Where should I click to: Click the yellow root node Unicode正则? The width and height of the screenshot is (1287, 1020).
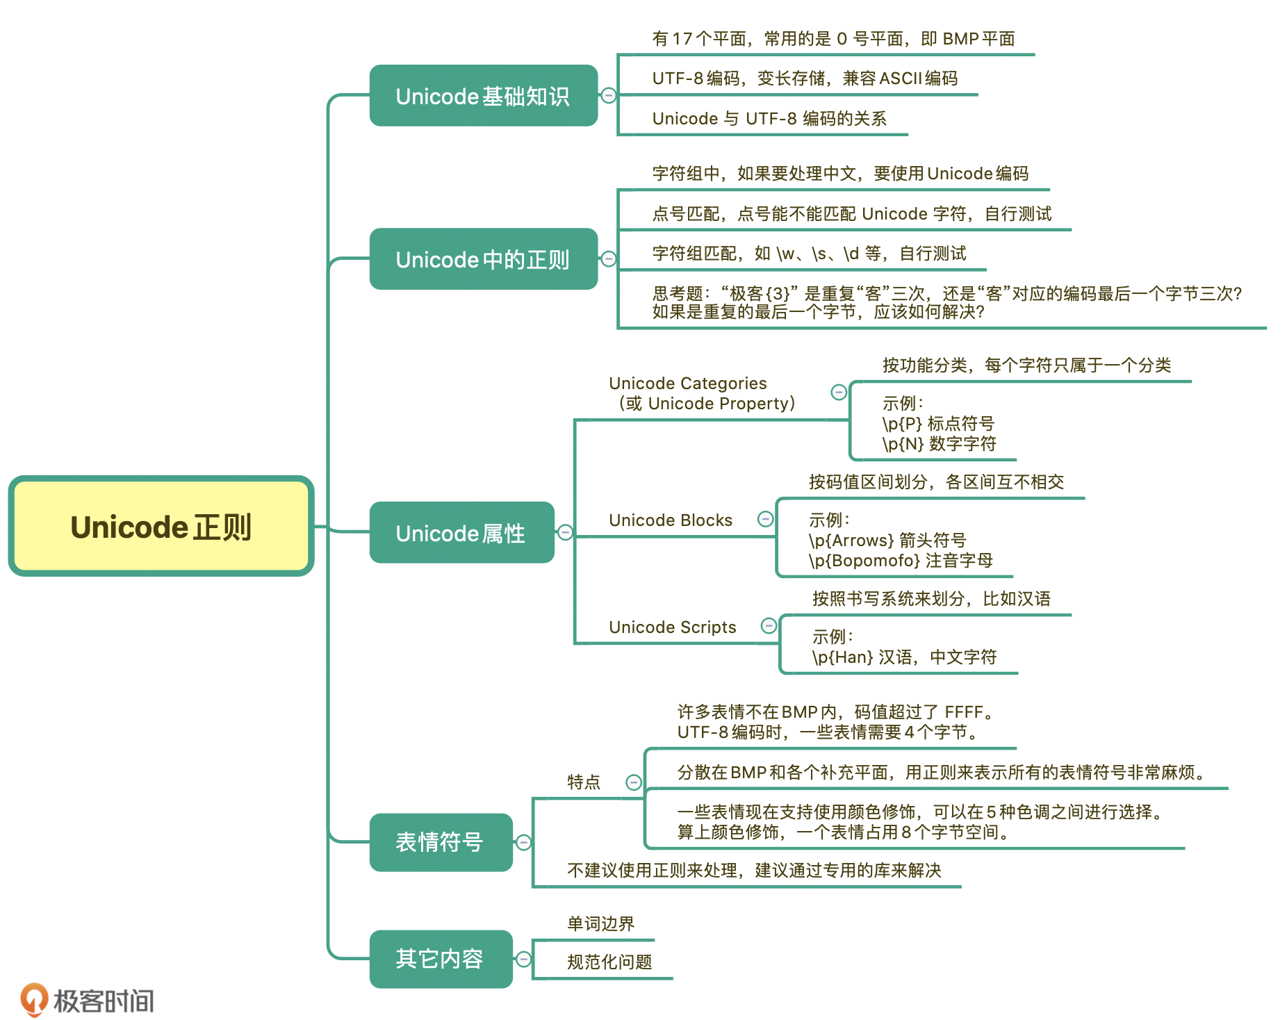[x=161, y=527]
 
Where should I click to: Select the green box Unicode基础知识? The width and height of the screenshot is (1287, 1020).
[x=483, y=96]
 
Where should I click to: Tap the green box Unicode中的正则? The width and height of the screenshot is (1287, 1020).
[x=483, y=259]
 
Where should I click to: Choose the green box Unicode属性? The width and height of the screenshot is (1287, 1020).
[x=461, y=533]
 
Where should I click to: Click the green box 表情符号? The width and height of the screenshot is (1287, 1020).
[x=441, y=842]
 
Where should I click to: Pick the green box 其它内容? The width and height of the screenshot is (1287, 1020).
[x=441, y=959]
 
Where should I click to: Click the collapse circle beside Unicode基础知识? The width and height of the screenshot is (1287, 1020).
[x=609, y=96]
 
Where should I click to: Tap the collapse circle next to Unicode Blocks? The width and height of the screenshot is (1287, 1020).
[x=765, y=519]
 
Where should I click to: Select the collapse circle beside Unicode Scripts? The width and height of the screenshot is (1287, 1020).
[x=769, y=626]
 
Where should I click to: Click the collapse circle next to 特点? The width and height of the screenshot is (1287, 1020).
[x=634, y=782]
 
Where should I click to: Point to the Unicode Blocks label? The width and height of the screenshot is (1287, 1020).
[x=671, y=520]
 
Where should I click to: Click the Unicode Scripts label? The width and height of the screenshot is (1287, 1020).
[x=672, y=627]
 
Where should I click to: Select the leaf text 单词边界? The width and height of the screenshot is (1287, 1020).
[x=601, y=924]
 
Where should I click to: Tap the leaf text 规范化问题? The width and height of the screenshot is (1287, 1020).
[x=609, y=962]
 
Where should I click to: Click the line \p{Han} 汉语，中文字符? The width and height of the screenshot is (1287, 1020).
[x=904, y=657]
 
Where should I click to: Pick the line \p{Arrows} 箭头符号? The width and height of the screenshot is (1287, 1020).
[x=887, y=541]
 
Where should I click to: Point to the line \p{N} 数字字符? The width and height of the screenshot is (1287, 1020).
[x=939, y=444]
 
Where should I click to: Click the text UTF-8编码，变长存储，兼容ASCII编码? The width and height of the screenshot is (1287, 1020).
[x=805, y=79]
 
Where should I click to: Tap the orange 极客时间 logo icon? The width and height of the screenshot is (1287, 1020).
[x=33, y=999]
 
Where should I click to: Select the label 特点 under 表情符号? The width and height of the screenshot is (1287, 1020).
[x=584, y=782]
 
